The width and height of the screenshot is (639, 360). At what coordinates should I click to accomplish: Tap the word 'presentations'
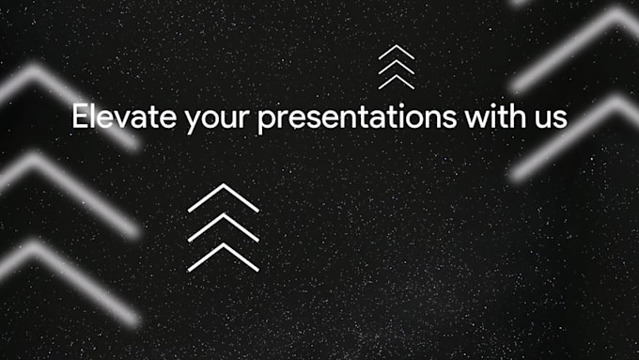352,119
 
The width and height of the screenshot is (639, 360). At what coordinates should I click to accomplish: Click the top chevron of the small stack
396,51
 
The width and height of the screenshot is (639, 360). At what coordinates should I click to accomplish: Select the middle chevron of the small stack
396,66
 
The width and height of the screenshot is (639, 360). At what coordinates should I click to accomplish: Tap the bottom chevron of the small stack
396,80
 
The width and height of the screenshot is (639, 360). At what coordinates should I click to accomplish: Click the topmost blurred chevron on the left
38,75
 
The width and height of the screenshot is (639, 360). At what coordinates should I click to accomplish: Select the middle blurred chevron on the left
38,164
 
